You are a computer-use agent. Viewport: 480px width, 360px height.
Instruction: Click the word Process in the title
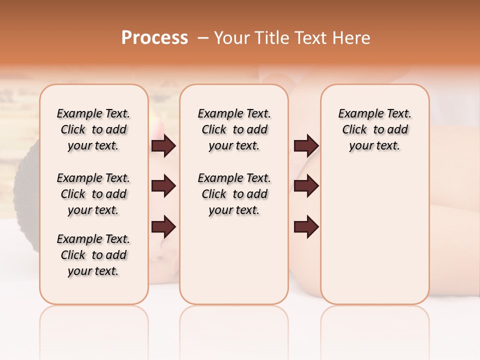coord(154,37)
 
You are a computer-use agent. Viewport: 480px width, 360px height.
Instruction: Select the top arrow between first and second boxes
coord(163,146)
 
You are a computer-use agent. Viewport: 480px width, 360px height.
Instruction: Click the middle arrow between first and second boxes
coord(163,186)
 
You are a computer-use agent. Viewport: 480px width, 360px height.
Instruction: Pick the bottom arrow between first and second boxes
coord(163,226)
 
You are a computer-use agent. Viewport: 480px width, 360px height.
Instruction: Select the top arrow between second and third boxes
coord(306,146)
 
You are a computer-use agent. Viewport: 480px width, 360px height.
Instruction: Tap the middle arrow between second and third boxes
coord(306,186)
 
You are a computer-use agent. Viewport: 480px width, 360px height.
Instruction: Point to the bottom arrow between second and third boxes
coord(306,226)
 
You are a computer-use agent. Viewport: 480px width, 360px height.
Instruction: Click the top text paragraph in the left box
coord(93,129)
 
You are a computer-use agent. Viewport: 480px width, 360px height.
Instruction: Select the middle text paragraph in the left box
coord(93,194)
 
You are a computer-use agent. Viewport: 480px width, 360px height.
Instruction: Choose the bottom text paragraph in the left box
coord(93,255)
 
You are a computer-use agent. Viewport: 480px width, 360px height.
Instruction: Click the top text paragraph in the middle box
coord(234,129)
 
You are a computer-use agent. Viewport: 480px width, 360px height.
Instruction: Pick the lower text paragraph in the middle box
coord(234,194)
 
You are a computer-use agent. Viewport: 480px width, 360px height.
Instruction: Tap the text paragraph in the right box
coord(374,129)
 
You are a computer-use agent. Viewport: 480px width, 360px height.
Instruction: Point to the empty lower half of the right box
coord(374,235)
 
